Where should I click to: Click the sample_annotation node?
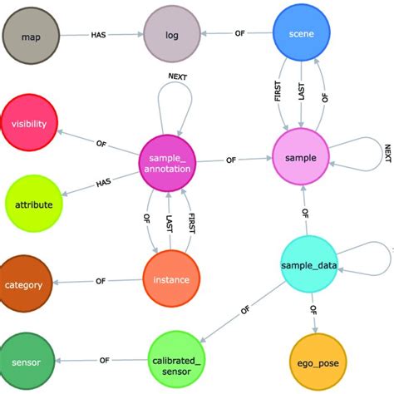pos(171,162)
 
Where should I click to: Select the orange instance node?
pos(171,280)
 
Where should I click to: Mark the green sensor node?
pos(27,362)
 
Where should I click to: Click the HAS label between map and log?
pos(102,36)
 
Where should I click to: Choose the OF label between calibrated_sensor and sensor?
pos(105,361)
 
